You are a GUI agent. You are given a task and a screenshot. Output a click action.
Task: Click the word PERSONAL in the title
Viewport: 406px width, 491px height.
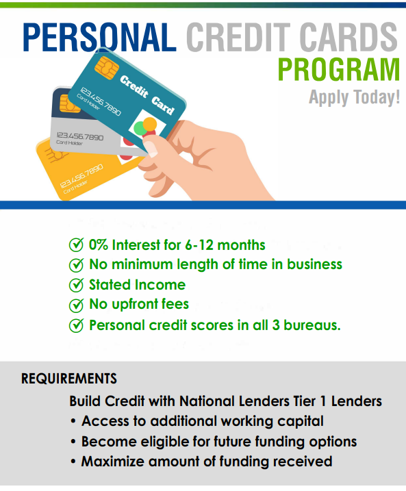point(99,37)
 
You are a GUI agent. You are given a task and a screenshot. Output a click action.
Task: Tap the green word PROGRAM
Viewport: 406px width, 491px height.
point(339,70)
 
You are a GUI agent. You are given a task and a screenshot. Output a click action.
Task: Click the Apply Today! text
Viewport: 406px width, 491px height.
point(355,97)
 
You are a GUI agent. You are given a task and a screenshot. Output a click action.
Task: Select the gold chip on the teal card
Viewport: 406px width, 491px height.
point(106,68)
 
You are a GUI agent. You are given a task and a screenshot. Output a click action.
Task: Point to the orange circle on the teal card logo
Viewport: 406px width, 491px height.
point(150,124)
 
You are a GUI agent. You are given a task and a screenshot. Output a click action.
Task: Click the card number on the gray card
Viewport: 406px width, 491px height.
point(80,136)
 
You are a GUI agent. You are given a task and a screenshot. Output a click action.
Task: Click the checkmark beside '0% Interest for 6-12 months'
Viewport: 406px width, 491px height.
point(76,245)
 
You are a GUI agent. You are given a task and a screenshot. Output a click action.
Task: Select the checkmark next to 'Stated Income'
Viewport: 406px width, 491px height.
point(76,285)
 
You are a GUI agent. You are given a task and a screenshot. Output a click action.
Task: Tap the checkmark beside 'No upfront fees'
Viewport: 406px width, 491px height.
point(76,305)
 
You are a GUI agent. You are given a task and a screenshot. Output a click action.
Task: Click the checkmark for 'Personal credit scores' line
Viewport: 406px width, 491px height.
point(76,325)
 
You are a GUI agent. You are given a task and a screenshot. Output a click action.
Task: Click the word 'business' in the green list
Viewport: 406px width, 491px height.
point(314,264)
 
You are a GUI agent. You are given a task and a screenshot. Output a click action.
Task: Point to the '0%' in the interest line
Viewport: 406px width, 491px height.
point(99,245)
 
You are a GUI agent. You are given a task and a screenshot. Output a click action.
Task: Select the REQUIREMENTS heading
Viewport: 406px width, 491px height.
point(69,379)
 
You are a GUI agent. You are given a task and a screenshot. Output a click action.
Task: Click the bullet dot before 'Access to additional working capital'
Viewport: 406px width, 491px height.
point(73,421)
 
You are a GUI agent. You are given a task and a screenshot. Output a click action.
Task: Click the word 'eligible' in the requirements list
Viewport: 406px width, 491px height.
point(164,442)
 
